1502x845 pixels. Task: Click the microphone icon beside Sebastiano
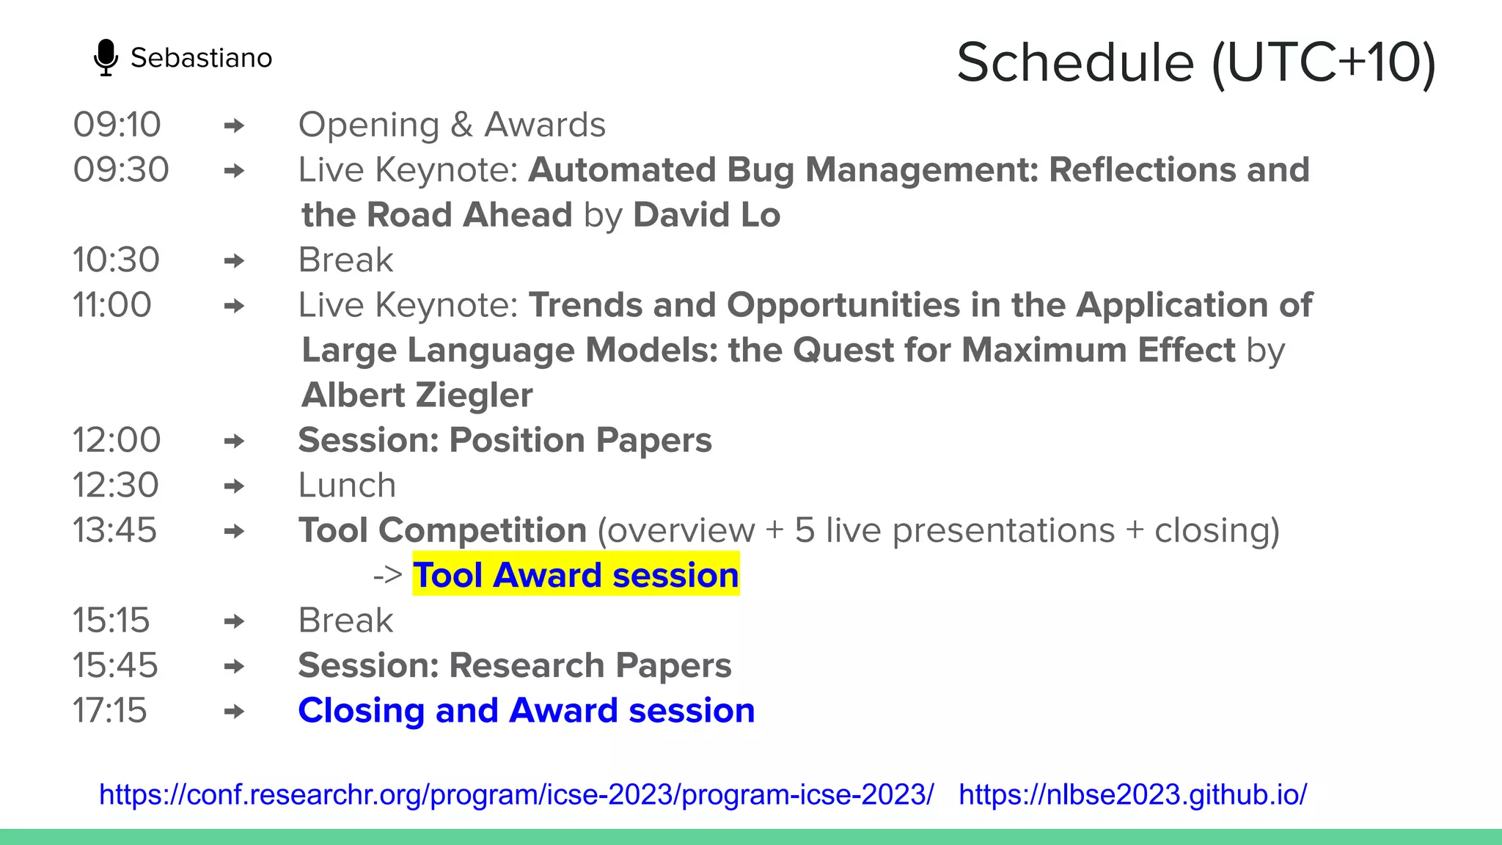pos(106,57)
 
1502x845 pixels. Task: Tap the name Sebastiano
pos(201,58)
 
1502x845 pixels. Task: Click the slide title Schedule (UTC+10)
pos(1195,63)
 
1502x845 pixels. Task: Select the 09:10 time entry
pos(117,125)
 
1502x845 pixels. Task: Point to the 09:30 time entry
pos(121,170)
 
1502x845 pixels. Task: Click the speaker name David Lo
pos(706,215)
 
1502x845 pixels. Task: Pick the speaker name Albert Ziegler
pos(417,395)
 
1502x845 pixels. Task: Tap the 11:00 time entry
pos(112,305)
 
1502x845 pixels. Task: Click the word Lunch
pos(347,486)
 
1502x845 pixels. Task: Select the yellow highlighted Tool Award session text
pos(576,575)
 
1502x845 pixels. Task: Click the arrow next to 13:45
pos(234,531)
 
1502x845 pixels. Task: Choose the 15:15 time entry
pos(111,621)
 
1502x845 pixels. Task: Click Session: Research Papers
pos(514,666)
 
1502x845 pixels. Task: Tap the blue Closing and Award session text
pos(526,711)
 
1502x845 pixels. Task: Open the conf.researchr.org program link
pos(516,795)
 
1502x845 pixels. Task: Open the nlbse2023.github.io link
pos(1132,795)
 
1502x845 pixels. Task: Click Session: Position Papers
pos(505,441)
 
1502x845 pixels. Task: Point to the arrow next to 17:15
pos(234,712)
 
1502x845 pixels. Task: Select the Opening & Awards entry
pos(452,125)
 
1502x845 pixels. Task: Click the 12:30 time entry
pos(115,486)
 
